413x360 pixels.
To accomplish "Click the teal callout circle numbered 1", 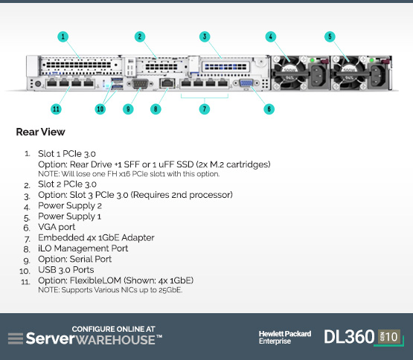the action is tap(63, 36).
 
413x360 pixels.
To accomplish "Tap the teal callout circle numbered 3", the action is tap(205, 36).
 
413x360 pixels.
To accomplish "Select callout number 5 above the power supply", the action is tap(330, 36).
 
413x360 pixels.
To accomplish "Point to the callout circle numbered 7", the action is tap(205, 109).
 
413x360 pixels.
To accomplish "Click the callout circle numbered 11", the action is tap(56, 109).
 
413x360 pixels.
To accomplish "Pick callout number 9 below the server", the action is tap(128, 109).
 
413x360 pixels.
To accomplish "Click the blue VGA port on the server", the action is tap(246, 83).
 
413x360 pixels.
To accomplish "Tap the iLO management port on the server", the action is tap(167, 83).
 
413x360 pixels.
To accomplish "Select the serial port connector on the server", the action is tap(140, 84).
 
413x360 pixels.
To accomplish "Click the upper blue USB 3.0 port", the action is tap(117, 80).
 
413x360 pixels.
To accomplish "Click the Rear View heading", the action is tap(41, 132).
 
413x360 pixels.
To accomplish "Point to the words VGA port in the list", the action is tap(57, 227).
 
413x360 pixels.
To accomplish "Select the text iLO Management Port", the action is tap(83, 248).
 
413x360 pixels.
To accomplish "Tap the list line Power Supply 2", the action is tap(70, 206).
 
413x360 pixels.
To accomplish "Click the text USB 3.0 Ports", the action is tap(65, 270).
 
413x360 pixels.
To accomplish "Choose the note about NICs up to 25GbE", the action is tap(110, 290).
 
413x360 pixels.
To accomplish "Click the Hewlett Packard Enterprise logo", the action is tap(285, 338).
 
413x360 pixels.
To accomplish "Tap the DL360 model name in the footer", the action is tap(349, 337).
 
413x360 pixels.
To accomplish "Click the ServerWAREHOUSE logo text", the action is tap(94, 339).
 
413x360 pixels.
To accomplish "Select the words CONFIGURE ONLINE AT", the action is tap(114, 330).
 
